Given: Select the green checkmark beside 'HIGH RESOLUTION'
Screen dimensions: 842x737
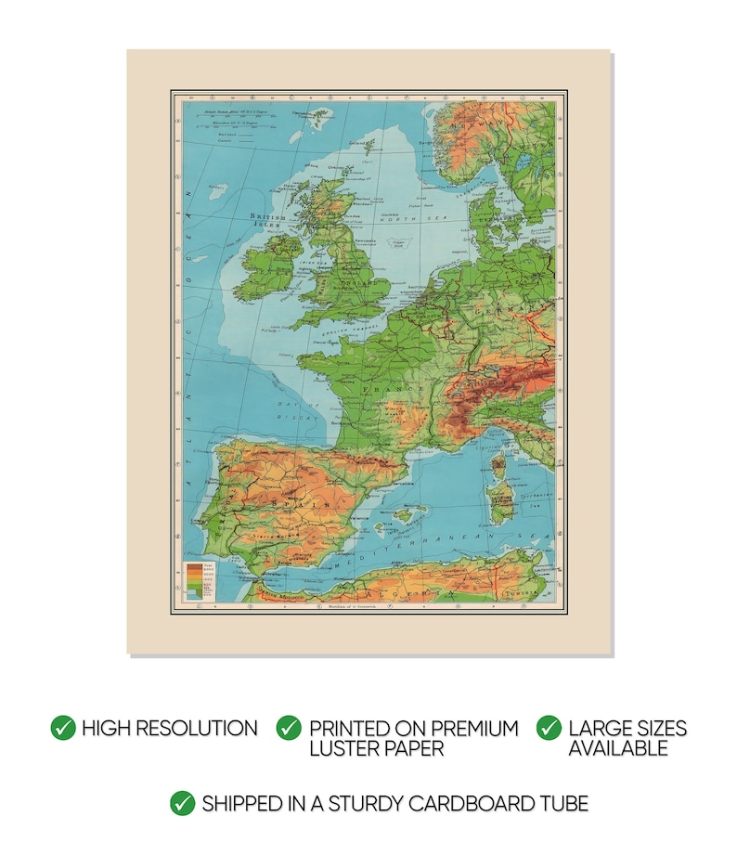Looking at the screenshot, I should pyautogui.click(x=63, y=728).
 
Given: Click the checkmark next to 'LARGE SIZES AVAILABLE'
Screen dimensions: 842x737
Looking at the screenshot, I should pyautogui.click(x=550, y=728).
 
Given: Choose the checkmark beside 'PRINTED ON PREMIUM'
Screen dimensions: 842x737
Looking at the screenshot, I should pyautogui.click(x=290, y=728).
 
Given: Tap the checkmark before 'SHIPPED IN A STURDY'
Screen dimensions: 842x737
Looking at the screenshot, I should pyautogui.click(x=183, y=803).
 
